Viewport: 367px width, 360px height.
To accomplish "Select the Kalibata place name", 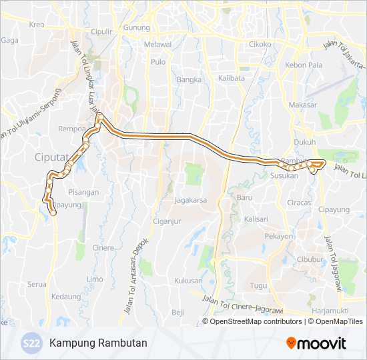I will [231, 78].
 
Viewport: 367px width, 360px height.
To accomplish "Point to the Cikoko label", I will [260, 45].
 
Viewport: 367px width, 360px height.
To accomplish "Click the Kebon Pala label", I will [304, 65].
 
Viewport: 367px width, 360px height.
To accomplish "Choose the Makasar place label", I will [303, 105].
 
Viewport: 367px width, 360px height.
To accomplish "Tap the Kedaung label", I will [66, 296].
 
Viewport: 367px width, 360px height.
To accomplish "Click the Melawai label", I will [158, 44].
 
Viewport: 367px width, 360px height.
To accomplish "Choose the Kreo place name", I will [36, 25].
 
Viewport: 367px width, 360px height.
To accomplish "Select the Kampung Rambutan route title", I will [98, 343].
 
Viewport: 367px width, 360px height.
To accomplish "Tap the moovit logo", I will [316, 343].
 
